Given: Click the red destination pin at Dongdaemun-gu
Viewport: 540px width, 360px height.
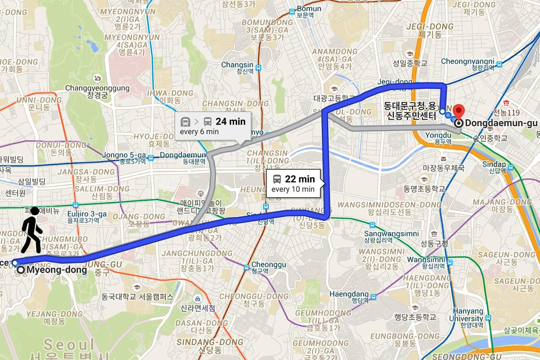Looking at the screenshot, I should (459, 111).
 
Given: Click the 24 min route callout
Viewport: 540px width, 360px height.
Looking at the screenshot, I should (212, 126).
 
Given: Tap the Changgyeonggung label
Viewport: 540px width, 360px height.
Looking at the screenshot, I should (97, 88).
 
